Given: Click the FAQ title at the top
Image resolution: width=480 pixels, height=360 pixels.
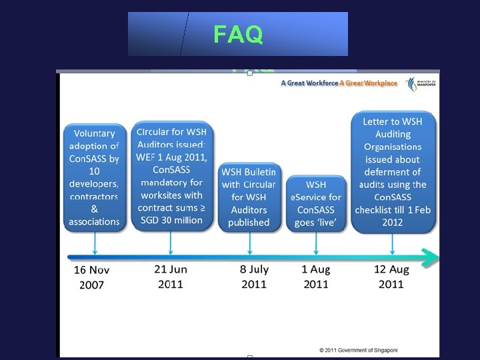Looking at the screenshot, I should click(238, 34).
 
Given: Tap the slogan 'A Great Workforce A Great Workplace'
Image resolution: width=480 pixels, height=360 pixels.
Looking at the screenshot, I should click(339, 83).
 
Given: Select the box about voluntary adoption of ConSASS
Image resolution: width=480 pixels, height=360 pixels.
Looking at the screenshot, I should click(95, 177).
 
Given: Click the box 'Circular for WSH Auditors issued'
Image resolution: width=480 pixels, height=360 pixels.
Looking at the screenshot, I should click(171, 176).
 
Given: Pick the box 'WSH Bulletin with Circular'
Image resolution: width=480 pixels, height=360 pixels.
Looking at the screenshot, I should click(249, 197).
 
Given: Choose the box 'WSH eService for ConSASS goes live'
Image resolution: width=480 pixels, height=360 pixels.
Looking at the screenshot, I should click(316, 203).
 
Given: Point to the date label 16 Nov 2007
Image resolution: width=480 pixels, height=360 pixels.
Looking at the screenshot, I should click(91, 277).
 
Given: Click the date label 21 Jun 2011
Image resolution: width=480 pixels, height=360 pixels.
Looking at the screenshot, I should click(171, 277).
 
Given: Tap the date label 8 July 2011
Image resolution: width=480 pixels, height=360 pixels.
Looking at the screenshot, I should click(255, 277).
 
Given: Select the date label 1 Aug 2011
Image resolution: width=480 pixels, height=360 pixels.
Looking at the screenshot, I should click(316, 277).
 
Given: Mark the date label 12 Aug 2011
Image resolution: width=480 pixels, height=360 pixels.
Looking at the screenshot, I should click(391, 277).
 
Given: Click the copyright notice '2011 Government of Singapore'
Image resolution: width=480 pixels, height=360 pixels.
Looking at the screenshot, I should click(358, 350).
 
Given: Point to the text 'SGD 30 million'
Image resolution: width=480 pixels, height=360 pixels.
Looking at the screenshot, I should click(171, 220).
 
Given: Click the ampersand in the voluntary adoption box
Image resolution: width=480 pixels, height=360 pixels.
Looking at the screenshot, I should click(95, 209).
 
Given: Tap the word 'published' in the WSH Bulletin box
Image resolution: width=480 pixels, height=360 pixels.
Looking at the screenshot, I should click(249, 223).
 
